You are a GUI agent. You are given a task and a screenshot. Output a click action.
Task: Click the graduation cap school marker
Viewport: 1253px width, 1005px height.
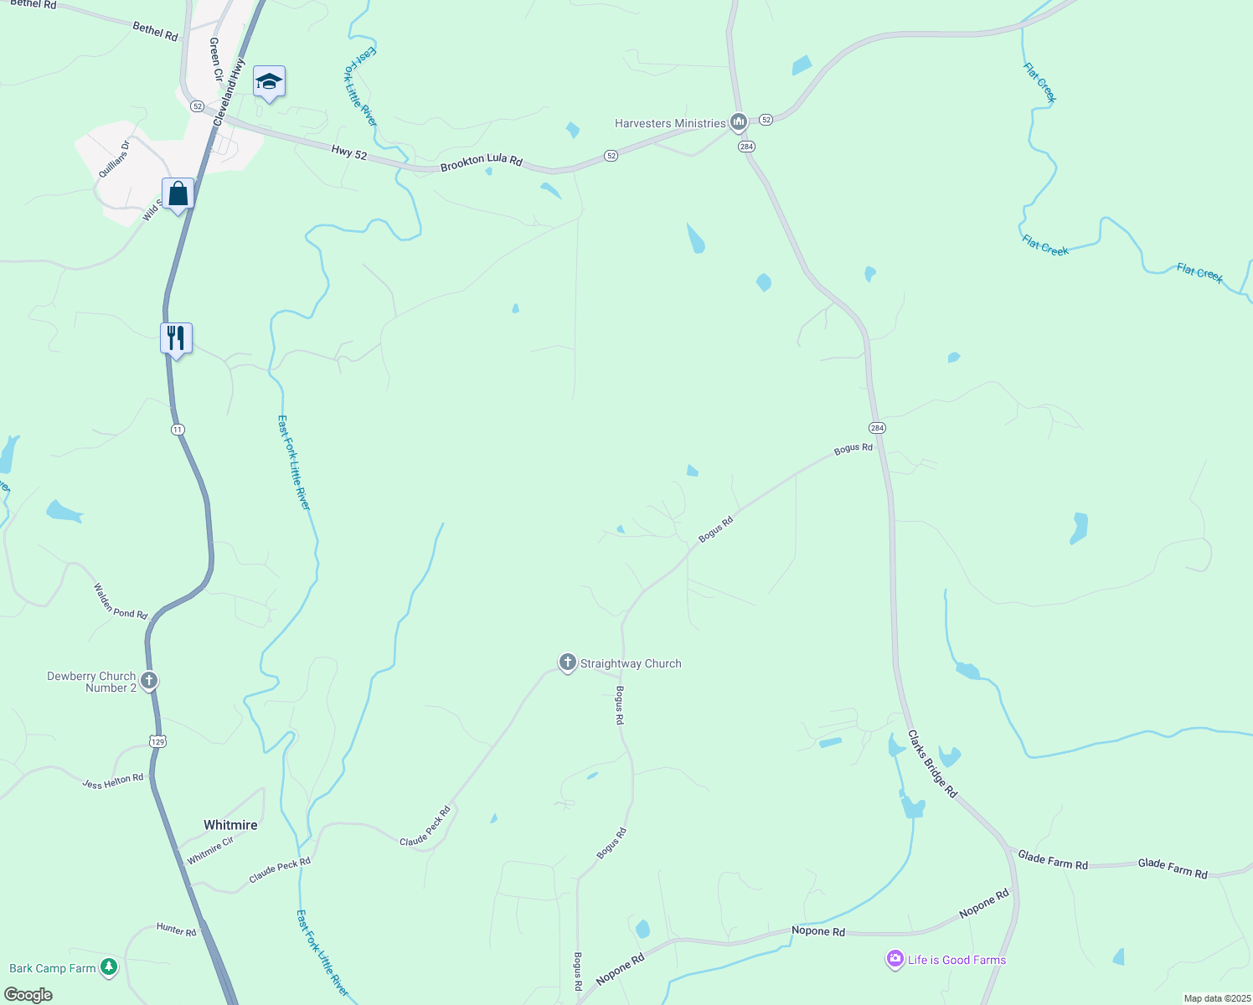[269, 82]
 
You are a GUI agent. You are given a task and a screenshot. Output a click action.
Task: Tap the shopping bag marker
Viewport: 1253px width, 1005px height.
[178, 194]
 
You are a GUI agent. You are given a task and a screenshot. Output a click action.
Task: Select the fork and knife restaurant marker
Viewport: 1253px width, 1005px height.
[176, 338]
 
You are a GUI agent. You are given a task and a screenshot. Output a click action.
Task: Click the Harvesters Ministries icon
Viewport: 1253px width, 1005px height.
[738, 123]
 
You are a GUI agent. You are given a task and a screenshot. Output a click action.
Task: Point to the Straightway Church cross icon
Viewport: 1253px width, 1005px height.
[567, 663]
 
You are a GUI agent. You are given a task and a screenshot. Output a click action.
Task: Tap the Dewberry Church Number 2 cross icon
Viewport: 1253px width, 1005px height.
[149, 680]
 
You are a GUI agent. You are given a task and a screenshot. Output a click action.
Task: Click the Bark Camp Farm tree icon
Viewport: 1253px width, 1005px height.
[108, 967]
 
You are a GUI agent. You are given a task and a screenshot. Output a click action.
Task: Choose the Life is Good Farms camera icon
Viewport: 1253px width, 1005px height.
[895, 960]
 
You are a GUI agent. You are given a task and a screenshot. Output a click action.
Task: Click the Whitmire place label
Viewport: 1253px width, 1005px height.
[230, 825]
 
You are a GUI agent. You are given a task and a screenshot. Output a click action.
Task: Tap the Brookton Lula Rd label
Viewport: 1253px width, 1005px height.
[481, 162]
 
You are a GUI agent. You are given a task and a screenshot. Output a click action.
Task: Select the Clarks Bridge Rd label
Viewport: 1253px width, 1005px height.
[932, 764]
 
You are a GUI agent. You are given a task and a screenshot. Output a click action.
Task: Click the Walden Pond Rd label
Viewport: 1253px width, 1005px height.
[120, 601]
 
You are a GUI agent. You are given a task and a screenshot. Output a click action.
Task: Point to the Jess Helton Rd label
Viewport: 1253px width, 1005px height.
[112, 781]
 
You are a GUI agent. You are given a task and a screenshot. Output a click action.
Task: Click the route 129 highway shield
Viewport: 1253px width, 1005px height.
[158, 741]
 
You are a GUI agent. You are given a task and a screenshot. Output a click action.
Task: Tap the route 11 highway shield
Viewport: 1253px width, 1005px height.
[178, 430]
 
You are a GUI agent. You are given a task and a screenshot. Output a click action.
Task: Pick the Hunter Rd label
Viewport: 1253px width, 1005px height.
[176, 930]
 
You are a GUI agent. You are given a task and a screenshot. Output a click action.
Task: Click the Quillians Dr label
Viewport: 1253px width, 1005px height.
[114, 159]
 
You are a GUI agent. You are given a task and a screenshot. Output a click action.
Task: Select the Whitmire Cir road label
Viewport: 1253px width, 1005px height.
[210, 851]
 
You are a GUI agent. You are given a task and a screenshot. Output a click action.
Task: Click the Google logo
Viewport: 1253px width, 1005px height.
[28, 995]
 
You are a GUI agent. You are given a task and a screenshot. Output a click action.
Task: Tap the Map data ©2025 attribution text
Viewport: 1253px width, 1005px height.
[1215, 998]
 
